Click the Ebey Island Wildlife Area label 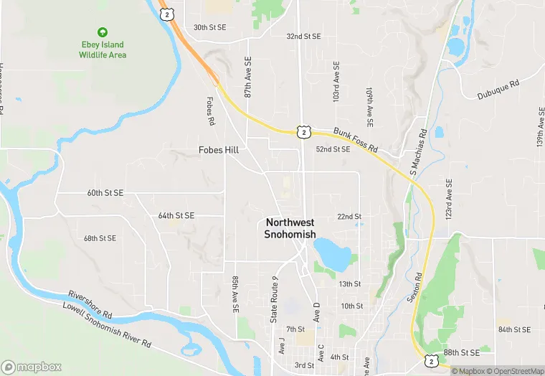pyautogui.click(x=103, y=50)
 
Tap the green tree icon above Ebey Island pyautogui.click(x=103, y=32)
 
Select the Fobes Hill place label pyautogui.click(x=219, y=150)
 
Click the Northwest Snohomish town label pyautogui.click(x=290, y=228)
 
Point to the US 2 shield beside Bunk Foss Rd pyautogui.click(x=303, y=132)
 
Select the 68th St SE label pyautogui.click(x=100, y=238)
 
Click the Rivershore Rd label pyautogui.click(x=90, y=305)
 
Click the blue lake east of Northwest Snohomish pyautogui.click(x=331, y=252)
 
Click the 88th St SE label pyautogui.click(x=460, y=353)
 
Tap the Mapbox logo pyautogui.click(x=32, y=366)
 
